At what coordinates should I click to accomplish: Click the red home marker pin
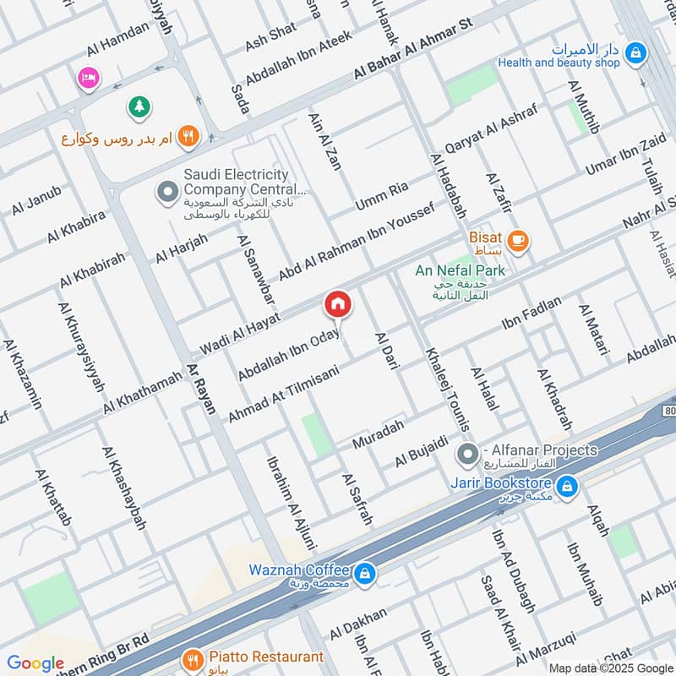pyautogui.click(x=338, y=304)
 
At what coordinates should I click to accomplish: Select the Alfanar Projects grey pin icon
pyautogui.click(x=466, y=455)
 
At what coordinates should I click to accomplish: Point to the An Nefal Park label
pyautogui.click(x=461, y=270)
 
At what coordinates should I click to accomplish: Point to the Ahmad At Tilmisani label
pyautogui.click(x=283, y=394)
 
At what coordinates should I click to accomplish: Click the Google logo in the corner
pyautogui.click(x=35, y=663)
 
